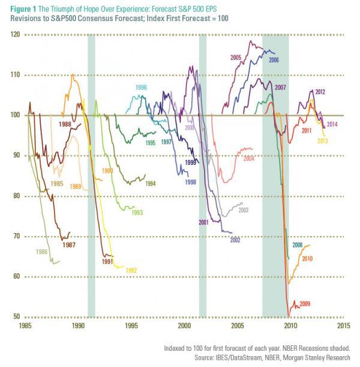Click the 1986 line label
[43, 252]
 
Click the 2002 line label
[235, 240]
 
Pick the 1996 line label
[141, 88]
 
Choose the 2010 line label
[308, 258]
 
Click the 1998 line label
[191, 181]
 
